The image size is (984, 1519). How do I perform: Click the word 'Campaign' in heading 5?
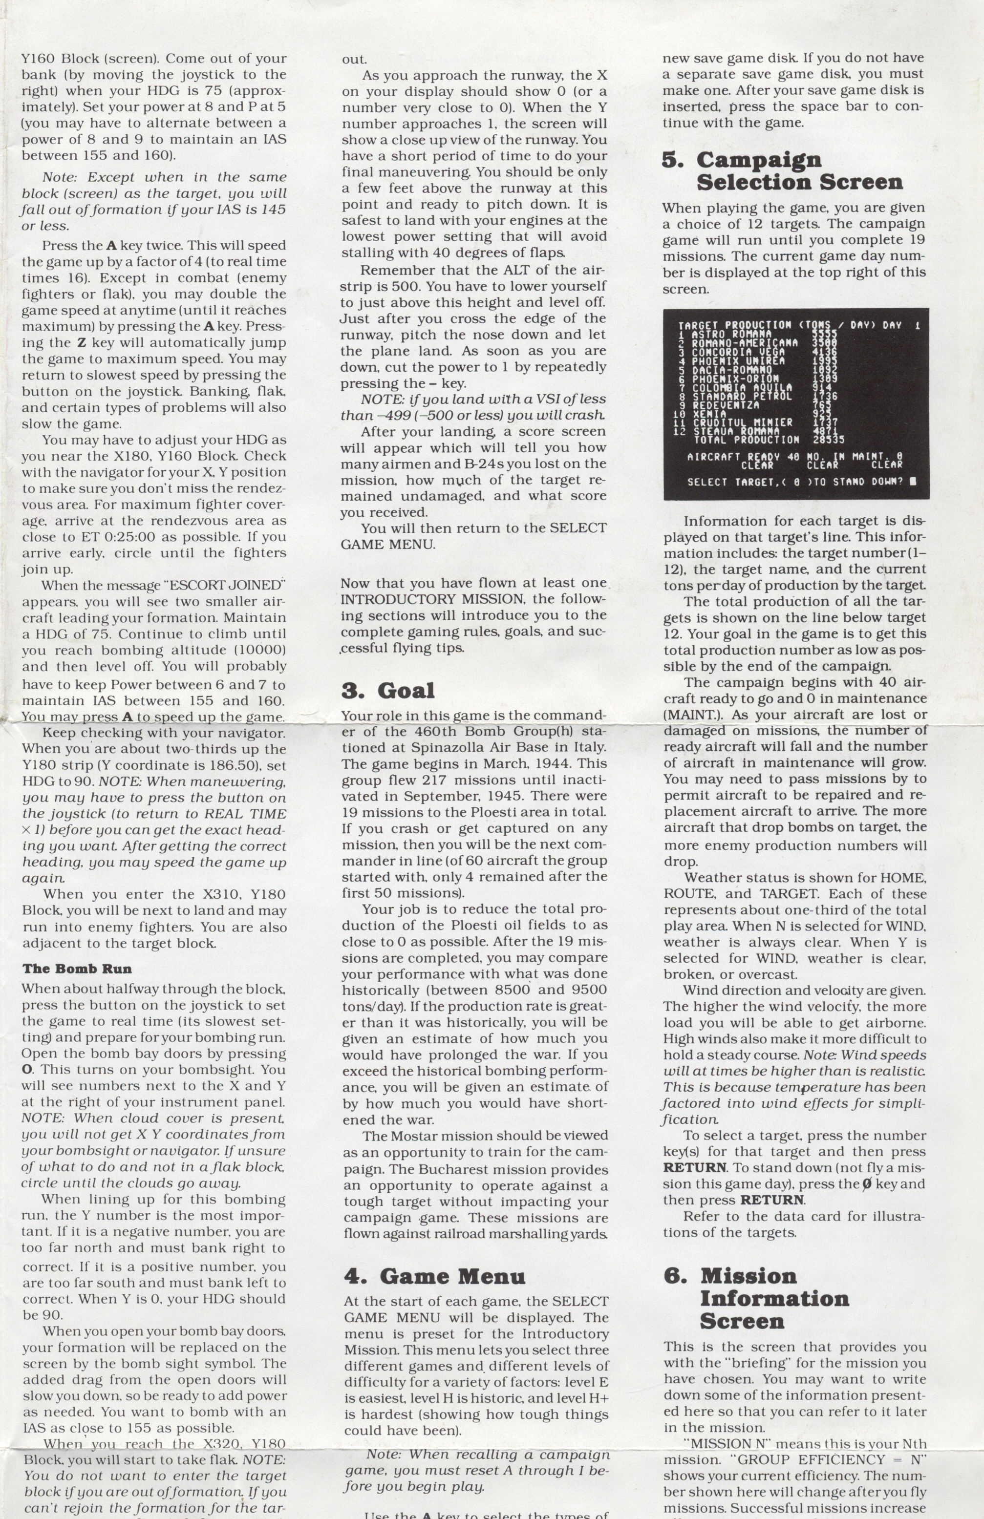pyautogui.click(x=759, y=160)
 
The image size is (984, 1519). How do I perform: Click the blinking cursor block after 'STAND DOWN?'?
pyautogui.click(x=913, y=482)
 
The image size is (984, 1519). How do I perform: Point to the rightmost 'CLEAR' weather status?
pyautogui.click(x=887, y=465)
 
